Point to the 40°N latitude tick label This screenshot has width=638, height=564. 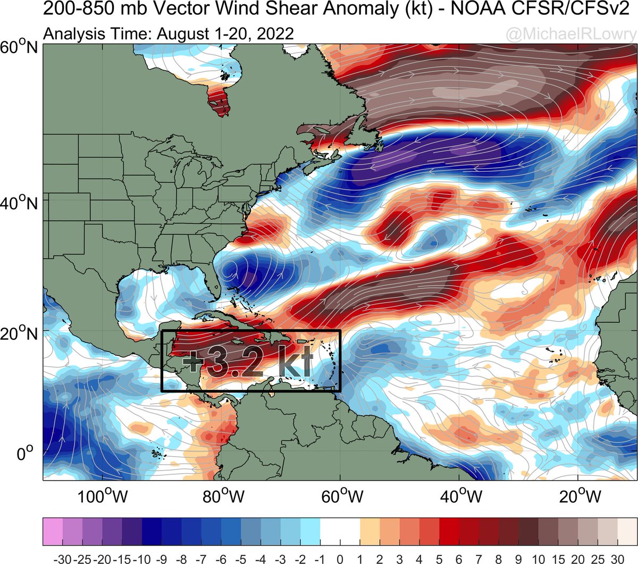(x=19, y=203)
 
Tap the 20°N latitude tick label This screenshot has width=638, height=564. (x=19, y=335)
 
